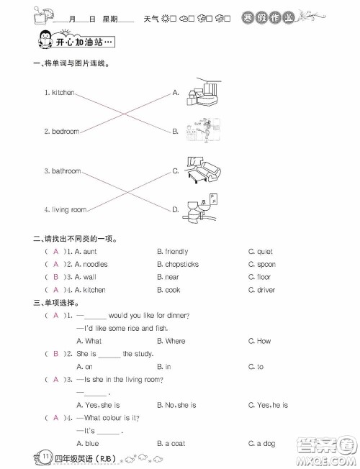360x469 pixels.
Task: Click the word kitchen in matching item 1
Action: pos(63,93)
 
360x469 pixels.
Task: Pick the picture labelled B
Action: pos(202,130)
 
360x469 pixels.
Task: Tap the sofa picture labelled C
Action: pos(204,170)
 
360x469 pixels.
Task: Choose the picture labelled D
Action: pos(200,209)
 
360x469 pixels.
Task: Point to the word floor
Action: pos(264,277)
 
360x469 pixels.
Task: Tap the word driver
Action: pos(266,290)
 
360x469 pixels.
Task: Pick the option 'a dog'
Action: pos(266,444)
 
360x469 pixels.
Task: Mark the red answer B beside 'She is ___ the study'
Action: pos(55,354)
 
